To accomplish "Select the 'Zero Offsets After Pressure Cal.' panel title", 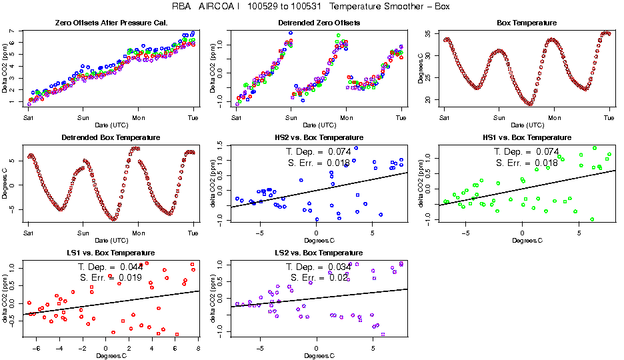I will point(111,23).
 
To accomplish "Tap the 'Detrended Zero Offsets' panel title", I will point(319,23).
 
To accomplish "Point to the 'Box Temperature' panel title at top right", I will point(527,23).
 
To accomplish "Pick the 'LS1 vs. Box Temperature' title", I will point(111,253).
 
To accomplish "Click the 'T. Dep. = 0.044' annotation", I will point(107,267).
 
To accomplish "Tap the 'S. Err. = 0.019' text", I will point(107,277).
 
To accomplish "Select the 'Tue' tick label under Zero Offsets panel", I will point(193,117).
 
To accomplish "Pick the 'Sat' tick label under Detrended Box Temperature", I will point(28,233).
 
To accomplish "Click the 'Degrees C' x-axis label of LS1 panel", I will point(111,355).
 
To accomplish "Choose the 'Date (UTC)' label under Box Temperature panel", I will point(527,125).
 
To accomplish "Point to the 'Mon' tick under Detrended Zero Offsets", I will point(347,117).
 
